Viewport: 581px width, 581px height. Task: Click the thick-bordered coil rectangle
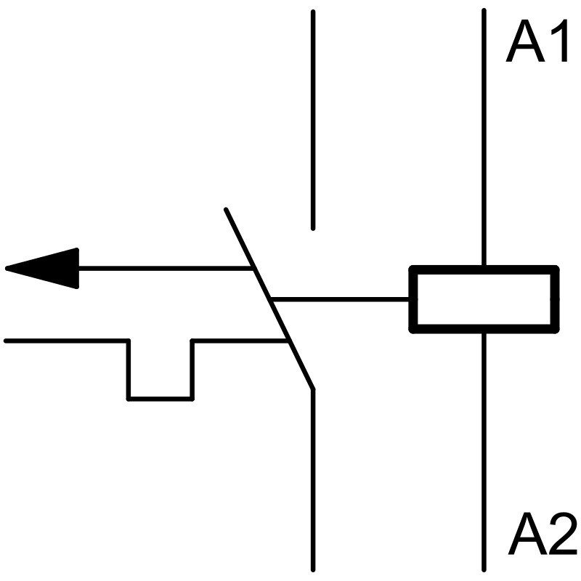coord(484,299)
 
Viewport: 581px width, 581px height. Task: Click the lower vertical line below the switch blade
coord(313,479)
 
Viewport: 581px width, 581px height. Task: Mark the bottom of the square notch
coord(161,398)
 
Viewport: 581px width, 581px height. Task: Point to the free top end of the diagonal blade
coord(226,210)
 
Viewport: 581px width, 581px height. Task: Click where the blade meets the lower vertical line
coord(313,389)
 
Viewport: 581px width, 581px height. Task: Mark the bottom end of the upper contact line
coord(313,228)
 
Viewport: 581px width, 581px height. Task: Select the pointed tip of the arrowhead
coord(7,269)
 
